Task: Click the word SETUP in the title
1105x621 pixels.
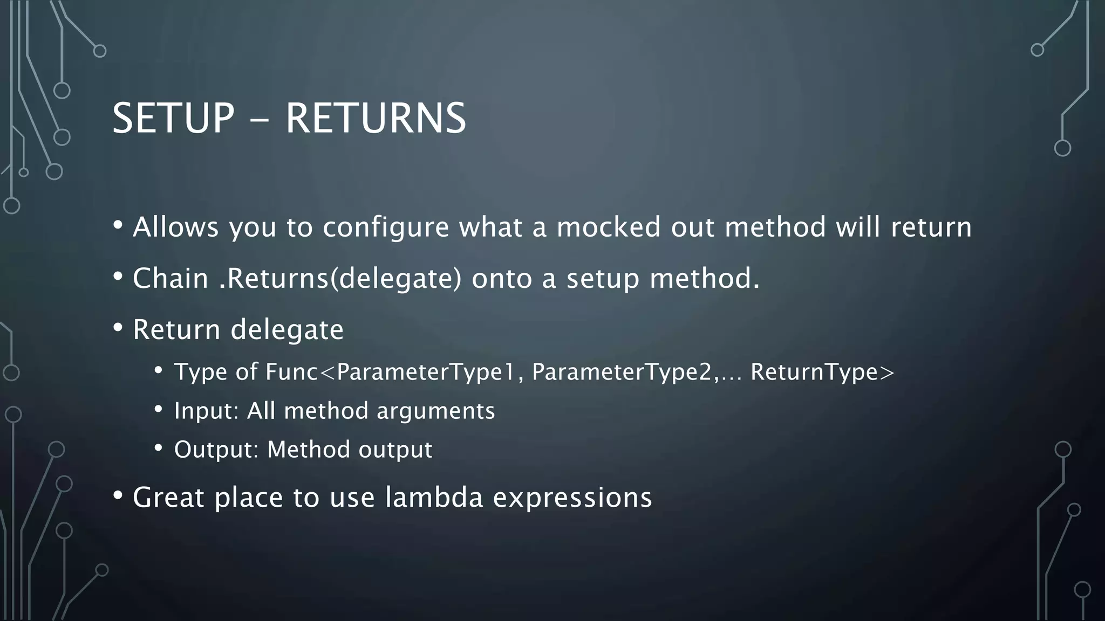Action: click(173, 118)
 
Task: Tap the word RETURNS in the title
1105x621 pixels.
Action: click(376, 118)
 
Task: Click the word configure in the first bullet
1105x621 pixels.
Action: click(386, 227)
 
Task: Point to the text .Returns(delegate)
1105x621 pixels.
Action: click(340, 279)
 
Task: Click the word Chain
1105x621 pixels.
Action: click(170, 279)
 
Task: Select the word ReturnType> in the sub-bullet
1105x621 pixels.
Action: click(822, 372)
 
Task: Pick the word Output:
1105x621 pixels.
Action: click(216, 450)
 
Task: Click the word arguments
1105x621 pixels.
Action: click(435, 411)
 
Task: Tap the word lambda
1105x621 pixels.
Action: click(434, 497)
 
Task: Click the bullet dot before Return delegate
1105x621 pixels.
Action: click(118, 328)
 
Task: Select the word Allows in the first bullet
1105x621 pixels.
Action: click(176, 227)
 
